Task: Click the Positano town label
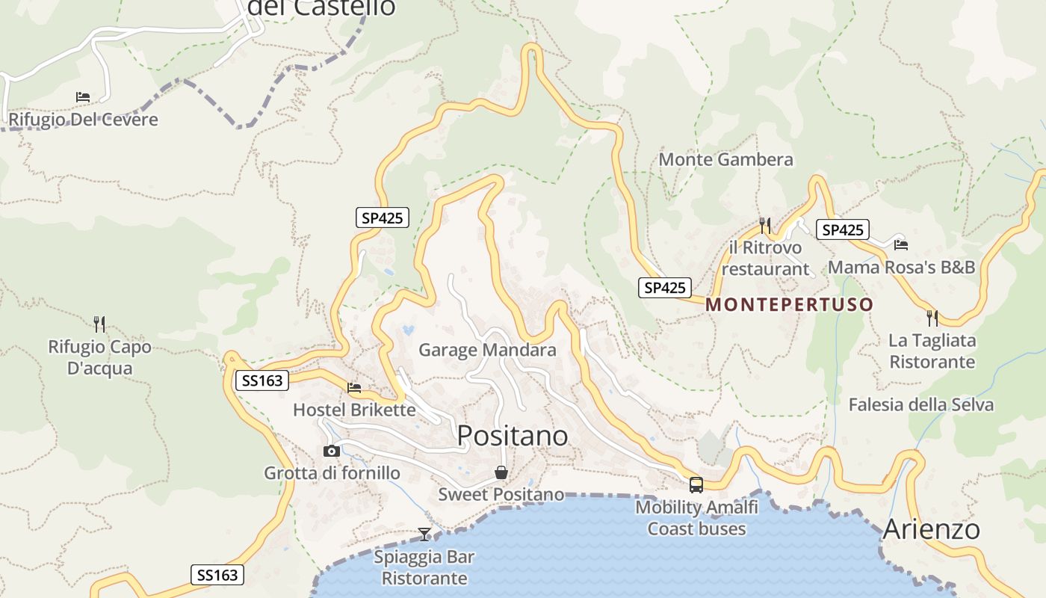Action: click(513, 435)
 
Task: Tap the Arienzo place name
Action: click(931, 529)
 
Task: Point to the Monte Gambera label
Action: click(725, 159)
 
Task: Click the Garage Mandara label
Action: click(487, 350)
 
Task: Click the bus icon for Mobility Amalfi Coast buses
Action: click(696, 484)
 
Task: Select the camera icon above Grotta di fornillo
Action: click(332, 451)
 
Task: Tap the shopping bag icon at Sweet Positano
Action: click(501, 472)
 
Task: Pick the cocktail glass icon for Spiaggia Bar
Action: click(424, 534)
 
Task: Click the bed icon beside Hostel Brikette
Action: click(354, 387)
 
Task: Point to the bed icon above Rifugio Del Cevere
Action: click(83, 97)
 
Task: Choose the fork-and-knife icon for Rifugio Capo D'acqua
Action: click(99, 324)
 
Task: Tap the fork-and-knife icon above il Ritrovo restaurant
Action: click(764, 224)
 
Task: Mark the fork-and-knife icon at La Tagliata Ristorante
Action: click(932, 318)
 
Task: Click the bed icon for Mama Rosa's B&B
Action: click(901, 244)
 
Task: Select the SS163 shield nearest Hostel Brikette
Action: click(261, 380)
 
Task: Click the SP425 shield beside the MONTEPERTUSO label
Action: click(664, 288)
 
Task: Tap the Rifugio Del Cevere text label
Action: click(83, 120)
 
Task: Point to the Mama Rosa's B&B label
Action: click(902, 267)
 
